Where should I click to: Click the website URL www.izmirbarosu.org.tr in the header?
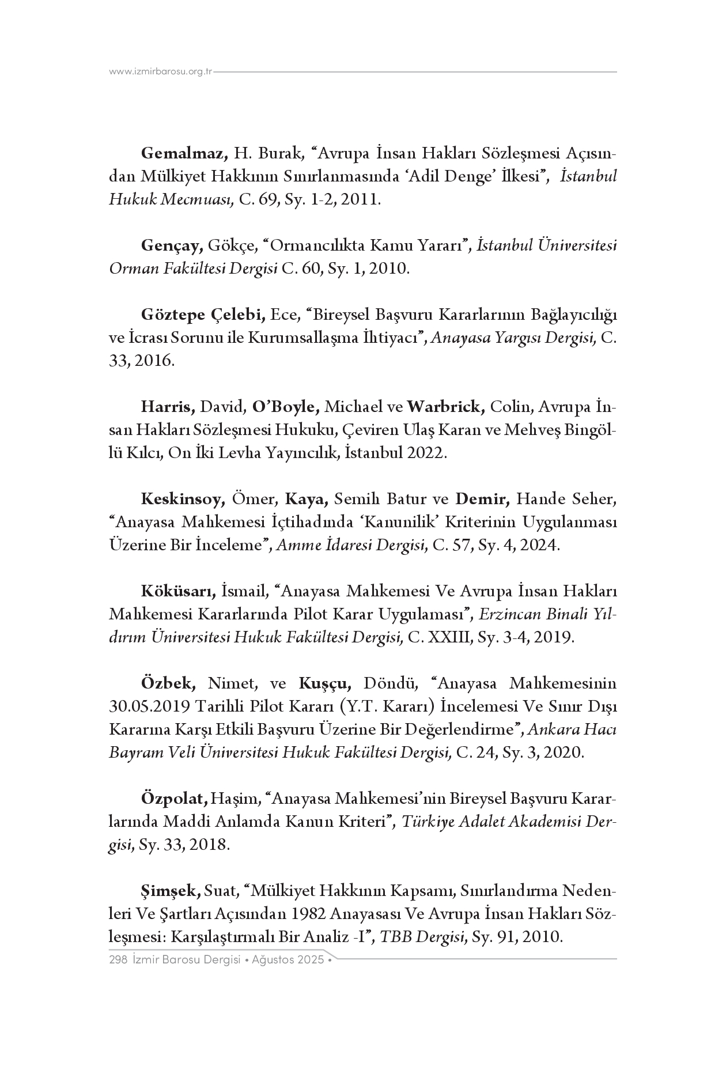pos(161,71)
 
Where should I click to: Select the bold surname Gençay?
pos(171,245)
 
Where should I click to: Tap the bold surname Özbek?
pos(168,683)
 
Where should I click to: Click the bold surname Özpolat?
pos(174,799)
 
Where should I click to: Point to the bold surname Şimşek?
pos(171,891)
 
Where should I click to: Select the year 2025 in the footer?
pos(311,960)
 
